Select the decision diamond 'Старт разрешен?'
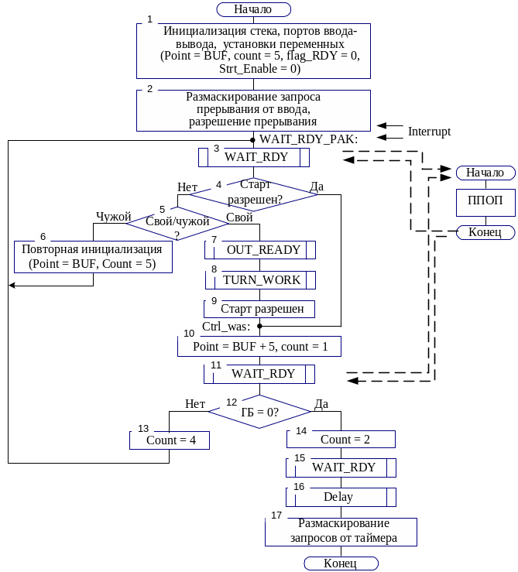point(255,191)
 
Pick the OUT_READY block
point(259,250)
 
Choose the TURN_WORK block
point(259,279)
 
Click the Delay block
point(341,497)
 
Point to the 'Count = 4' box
point(170,440)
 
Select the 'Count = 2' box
point(341,439)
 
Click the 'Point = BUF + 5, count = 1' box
point(259,346)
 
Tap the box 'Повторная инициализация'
point(93,257)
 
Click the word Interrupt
point(430,132)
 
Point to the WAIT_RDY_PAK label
point(308,139)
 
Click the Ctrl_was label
point(225,327)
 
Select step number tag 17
point(276,515)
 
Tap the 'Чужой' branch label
point(113,217)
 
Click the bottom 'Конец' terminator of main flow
point(341,563)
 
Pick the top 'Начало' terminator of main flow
point(253,9)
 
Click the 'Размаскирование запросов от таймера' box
point(341,531)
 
